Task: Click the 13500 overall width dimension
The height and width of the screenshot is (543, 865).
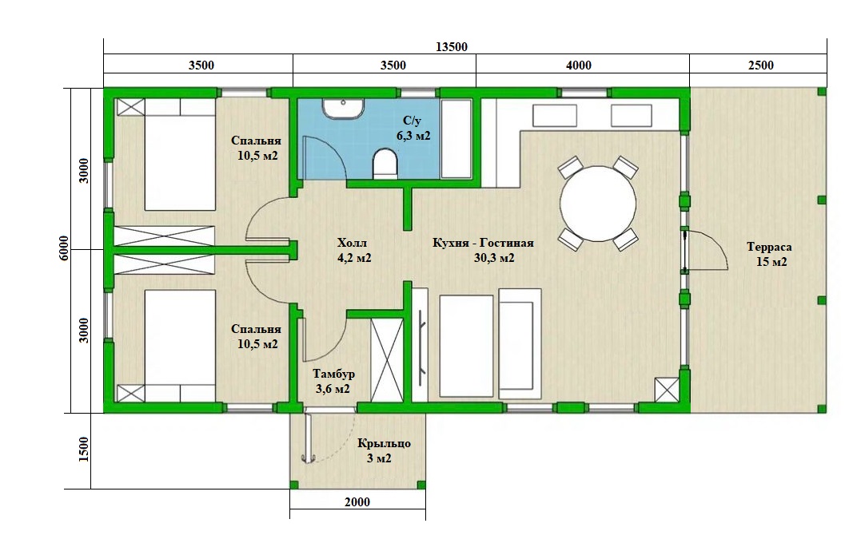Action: coord(451,47)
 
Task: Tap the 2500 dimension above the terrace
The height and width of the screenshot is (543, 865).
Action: coord(761,65)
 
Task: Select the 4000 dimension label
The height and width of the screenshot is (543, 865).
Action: coord(579,65)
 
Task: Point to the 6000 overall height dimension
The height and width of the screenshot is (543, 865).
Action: coord(64,248)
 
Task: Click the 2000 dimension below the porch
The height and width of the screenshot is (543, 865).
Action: coord(357,502)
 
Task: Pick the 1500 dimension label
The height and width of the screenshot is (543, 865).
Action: coord(83,450)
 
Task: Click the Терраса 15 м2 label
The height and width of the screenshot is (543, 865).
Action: coord(770,254)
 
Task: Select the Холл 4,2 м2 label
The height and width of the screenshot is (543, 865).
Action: coord(353,250)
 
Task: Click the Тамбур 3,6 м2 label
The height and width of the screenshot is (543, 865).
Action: coord(333,381)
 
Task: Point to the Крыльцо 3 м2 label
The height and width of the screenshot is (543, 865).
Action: coord(384,450)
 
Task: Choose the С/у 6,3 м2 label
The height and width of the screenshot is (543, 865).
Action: coord(413,128)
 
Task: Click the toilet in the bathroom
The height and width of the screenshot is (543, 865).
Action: coord(385,164)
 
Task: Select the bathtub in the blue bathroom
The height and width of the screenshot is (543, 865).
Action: coord(456,138)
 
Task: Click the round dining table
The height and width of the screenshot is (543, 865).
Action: coord(598,204)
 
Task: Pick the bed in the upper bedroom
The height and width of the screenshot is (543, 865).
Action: coord(180,154)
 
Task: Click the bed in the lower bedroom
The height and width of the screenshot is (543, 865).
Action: coord(180,346)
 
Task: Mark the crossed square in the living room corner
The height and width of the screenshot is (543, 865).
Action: coord(667,390)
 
